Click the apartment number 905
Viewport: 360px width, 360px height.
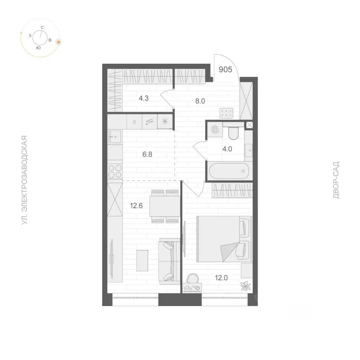coord(225,69)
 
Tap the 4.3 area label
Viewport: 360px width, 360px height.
coord(144,98)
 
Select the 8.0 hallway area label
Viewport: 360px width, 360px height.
coord(200,101)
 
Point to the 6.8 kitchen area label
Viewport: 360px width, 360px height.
coord(147,154)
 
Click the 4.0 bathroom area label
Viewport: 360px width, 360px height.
coord(227,149)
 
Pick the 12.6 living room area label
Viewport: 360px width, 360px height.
coord(136,206)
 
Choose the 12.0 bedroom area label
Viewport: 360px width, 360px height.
coord(221,278)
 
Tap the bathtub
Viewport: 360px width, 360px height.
coord(229,171)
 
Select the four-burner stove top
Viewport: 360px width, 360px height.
coord(115,171)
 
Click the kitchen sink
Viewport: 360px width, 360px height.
coord(115,136)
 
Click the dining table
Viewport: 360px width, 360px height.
coord(165,206)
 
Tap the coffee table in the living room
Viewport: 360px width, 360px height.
coord(142,261)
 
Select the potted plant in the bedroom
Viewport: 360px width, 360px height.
coord(245,286)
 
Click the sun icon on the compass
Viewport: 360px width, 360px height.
coord(59,42)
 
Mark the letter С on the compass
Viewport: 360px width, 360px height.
coord(42,27)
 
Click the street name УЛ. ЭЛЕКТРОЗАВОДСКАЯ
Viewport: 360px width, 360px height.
coord(24,180)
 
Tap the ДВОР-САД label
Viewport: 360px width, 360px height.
coord(336,180)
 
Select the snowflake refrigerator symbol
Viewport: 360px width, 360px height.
coord(165,121)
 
